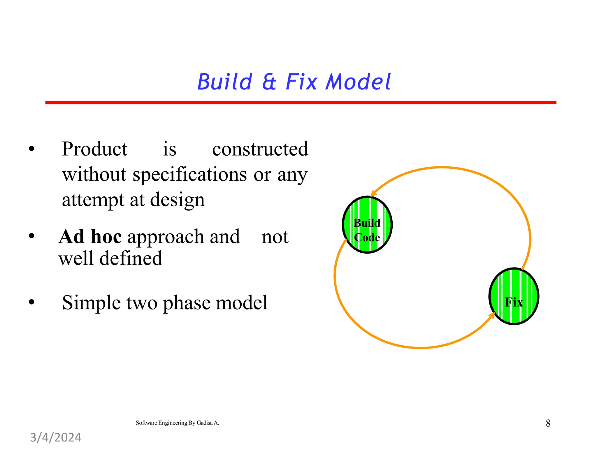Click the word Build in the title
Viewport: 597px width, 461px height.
tap(224, 82)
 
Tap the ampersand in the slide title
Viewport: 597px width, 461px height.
tap(269, 82)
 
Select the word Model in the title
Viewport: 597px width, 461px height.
tap(358, 82)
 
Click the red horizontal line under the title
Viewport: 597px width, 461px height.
tap(300, 103)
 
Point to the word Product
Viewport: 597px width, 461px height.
tap(94, 149)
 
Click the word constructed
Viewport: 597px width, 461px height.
tap(260, 149)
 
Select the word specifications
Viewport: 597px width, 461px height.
tap(190, 175)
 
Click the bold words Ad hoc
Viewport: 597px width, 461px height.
tap(90, 237)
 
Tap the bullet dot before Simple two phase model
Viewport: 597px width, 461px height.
tap(31, 302)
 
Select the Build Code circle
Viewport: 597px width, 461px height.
tap(367, 225)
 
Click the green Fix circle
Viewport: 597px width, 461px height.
tap(514, 296)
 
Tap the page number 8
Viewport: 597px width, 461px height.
tap(548, 423)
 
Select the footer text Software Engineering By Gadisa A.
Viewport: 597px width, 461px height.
tap(177, 423)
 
